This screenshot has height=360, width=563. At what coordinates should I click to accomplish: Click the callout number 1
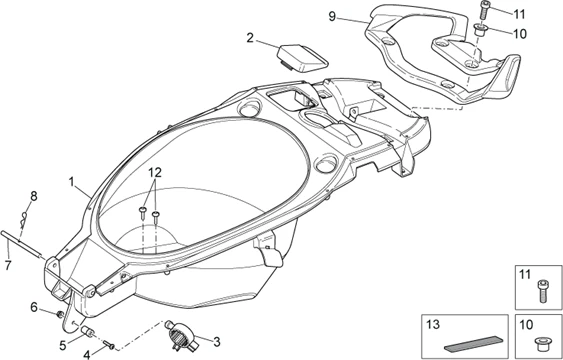click(x=72, y=182)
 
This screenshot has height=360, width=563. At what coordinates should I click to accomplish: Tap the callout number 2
click(x=250, y=38)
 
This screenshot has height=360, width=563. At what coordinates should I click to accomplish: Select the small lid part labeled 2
click(x=302, y=56)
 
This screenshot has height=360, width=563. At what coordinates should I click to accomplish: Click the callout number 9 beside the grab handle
click(x=332, y=16)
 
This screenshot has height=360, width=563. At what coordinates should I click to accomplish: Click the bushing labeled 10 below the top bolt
click(x=480, y=29)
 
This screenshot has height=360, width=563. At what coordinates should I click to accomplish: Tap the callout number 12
click(x=155, y=173)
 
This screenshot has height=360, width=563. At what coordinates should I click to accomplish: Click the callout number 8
click(x=33, y=197)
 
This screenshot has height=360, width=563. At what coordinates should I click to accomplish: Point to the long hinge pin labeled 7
click(x=21, y=243)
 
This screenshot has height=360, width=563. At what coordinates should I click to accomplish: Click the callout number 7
click(x=8, y=266)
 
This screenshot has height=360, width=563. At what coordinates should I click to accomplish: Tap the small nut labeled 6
click(x=60, y=315)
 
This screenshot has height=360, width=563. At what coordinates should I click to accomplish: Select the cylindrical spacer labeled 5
click(x=87, y=331)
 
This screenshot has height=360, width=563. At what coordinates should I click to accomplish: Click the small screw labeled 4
click(x=109, y=345)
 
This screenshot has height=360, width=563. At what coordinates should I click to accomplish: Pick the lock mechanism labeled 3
click(x=182, y=335)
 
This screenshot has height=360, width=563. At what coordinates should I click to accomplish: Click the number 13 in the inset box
click(x=433, y=324)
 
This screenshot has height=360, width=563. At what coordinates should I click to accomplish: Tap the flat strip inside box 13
click(x=473, y=343)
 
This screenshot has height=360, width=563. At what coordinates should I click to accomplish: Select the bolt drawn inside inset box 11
click(x=542, y=291)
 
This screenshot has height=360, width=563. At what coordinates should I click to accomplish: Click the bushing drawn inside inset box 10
click(x=540, y=345)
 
